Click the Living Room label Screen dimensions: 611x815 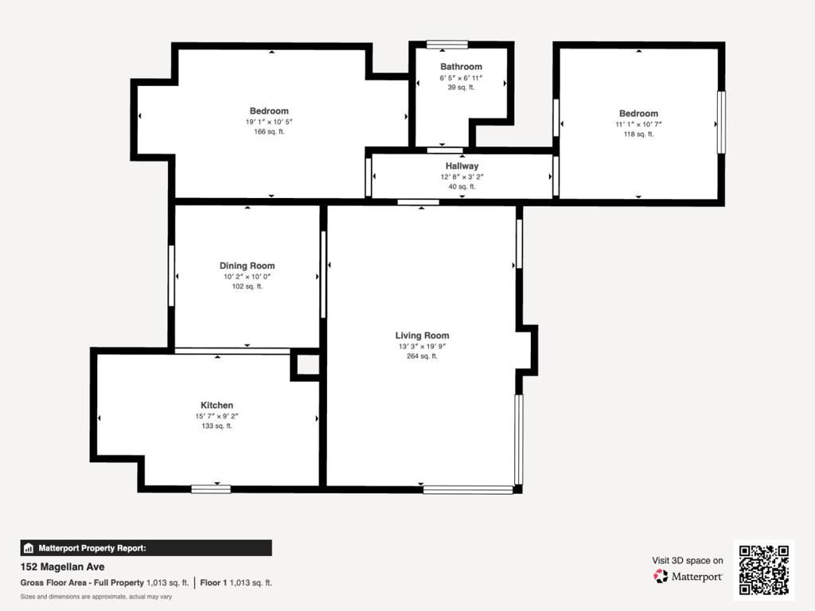(x=422, y=336)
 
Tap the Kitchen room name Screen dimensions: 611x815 (x=216, y=406)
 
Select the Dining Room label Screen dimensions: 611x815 (x=247, y=266)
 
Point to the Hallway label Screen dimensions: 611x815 (x=462, y=166)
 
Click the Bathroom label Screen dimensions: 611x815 (x=461, y=67)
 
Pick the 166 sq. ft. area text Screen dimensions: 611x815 (x=269, y=132)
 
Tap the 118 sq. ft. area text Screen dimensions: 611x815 (x=638, y=134)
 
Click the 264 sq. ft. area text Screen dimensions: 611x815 (x=422, y=356)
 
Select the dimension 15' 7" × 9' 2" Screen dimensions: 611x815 (x=216, y=416)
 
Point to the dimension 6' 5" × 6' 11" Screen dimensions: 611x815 (x=461, y=78)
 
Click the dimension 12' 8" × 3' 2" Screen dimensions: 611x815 (x=462, y=177)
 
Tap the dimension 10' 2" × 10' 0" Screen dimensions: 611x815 (x=247, y=277)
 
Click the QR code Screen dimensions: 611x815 (x=763, y=570)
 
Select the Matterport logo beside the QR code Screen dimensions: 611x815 (x=688, y=576)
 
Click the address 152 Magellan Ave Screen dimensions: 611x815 (x=62, y=567)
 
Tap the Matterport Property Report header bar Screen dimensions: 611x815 (x=146, y=547)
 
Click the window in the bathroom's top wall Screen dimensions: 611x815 (x=447, y=45)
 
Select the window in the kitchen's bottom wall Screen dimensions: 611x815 (x=211, y=488)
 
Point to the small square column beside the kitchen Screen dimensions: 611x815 (x=307, y=365)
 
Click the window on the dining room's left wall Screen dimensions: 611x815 (x=171, y=275)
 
